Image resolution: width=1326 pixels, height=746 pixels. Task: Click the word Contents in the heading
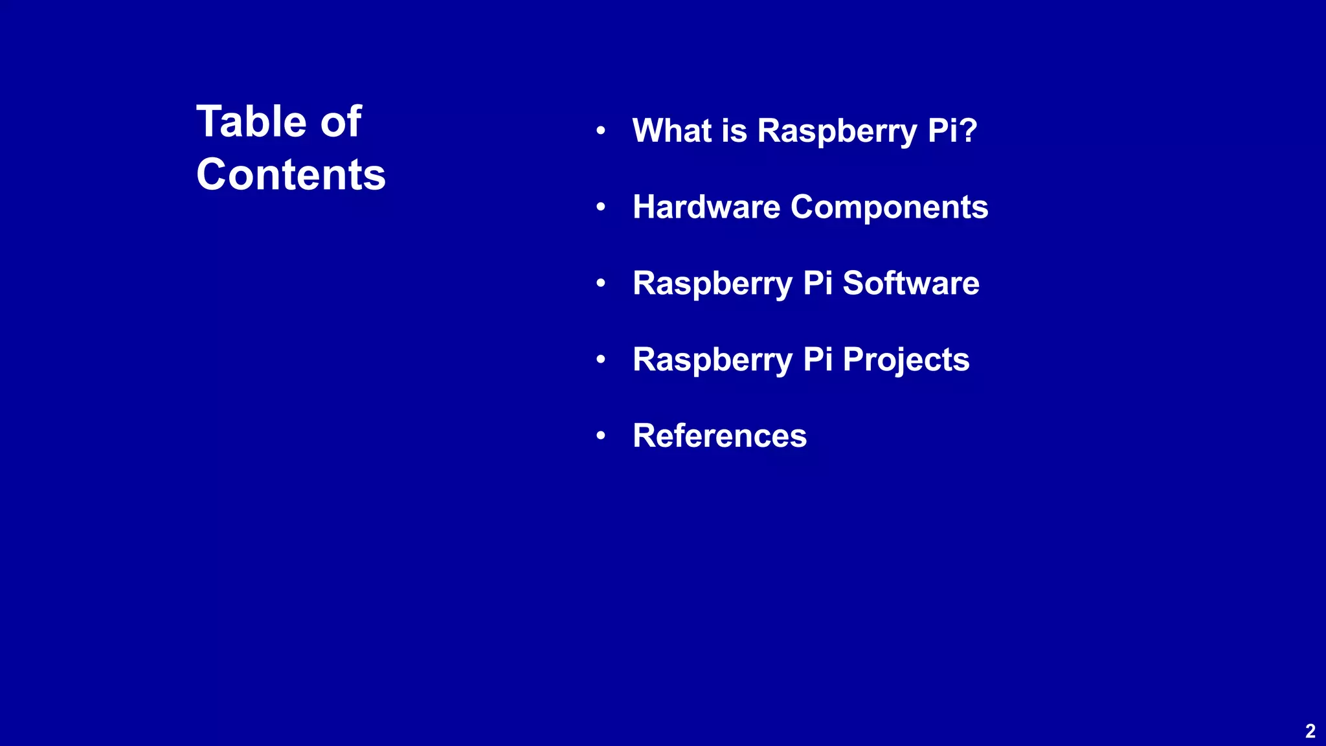coord(291,175)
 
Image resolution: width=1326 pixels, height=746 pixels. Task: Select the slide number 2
coord(1310,731)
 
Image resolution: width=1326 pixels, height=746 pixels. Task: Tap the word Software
coord(911,283)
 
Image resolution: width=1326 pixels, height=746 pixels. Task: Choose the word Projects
coord(906,361)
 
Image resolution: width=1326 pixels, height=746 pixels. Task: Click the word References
coord(719,436)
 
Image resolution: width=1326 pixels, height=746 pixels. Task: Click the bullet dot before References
coord(601,436)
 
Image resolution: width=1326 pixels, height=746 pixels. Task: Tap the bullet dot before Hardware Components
coord(601,207)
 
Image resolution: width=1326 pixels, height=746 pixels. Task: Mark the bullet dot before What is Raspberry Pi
coord(601,131)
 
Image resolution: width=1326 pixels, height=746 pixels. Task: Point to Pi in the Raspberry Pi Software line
coord(817,283)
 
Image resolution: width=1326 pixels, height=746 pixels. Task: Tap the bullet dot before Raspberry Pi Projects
coord(601,359)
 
